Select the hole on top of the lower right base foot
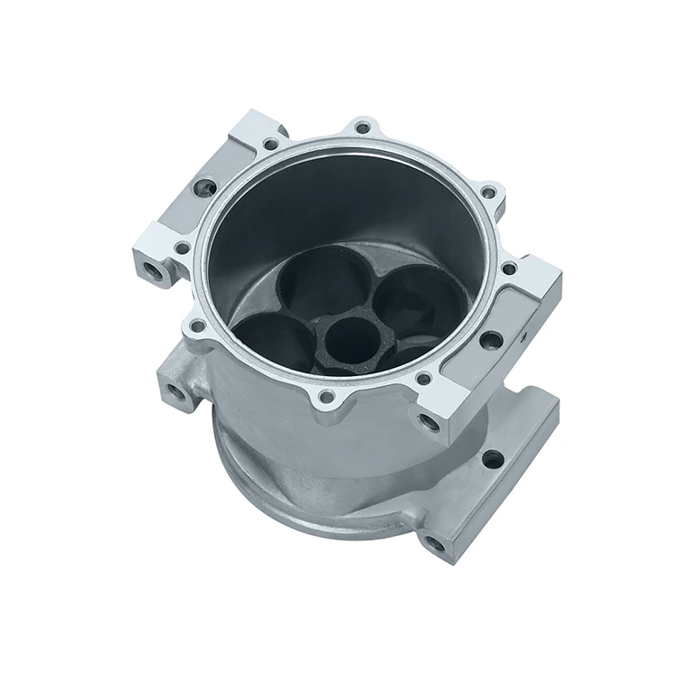pyautogui.click(x=493, y=459)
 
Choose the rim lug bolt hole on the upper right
pyautogui.click(x=488, y=193)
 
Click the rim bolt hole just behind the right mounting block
pyautogui.click(x=508, y=268)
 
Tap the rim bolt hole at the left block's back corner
pyautogui.click(x=270, y=144)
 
